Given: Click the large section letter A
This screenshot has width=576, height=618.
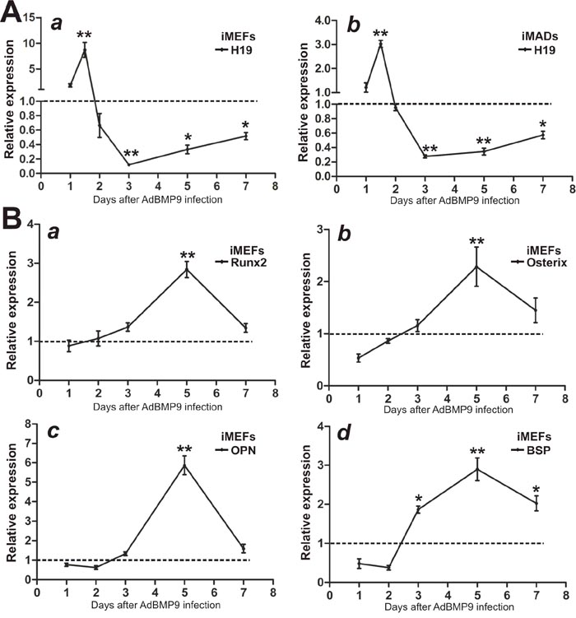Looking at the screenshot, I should [14, 16].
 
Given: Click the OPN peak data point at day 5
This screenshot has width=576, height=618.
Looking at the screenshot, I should [187, 442].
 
